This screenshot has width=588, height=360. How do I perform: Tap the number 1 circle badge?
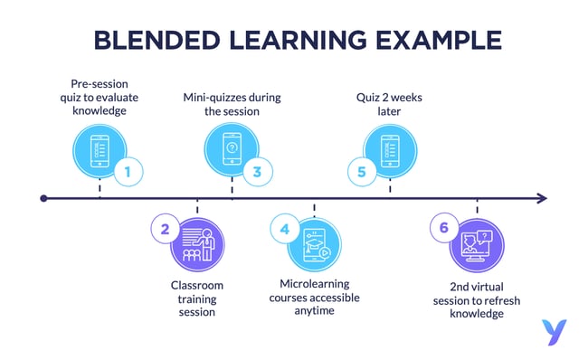point(128,171)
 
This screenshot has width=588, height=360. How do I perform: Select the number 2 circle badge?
point(165,229)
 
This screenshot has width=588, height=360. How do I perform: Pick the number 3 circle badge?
point(257,171)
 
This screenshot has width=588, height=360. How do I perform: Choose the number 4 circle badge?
point(285,229)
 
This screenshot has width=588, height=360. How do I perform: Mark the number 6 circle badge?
point(443,229)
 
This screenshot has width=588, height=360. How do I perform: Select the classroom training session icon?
point(196,244)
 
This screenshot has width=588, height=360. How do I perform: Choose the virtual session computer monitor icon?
point(477,245)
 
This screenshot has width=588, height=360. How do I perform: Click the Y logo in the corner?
point(551,330)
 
